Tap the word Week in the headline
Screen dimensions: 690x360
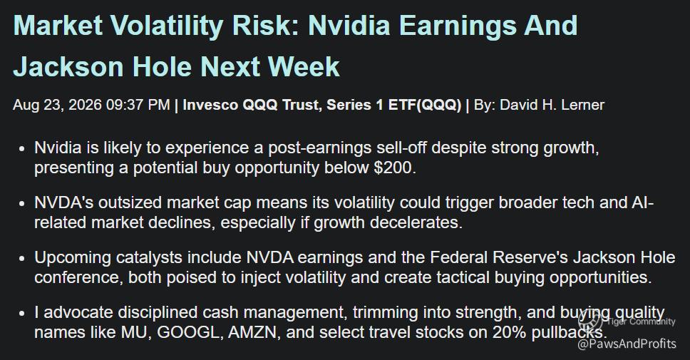(304, 67)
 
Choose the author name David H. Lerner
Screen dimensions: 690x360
(552, 106)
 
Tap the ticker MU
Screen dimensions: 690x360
(135, 332)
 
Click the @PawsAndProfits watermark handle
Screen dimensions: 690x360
(627, 344)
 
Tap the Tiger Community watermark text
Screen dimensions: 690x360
(641, 322)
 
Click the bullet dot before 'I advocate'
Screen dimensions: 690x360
(22, 314)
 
